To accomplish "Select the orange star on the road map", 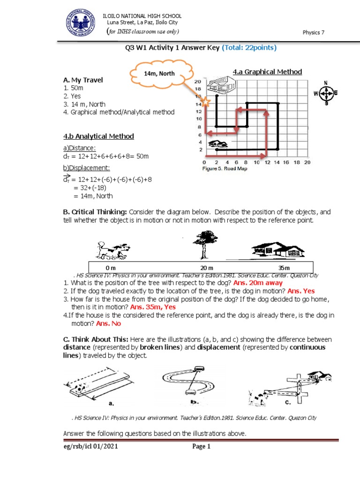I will point(205,101).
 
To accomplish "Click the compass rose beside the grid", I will point(326,93).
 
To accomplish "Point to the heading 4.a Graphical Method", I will point(267,72).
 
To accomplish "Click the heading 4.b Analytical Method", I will point(98,136).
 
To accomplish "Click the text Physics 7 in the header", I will point(314,32).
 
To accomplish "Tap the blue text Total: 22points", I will point(249,48).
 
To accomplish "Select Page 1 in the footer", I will point(202,447).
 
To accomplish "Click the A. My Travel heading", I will point(82,80).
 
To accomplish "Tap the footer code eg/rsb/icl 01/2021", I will point(91,447).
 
